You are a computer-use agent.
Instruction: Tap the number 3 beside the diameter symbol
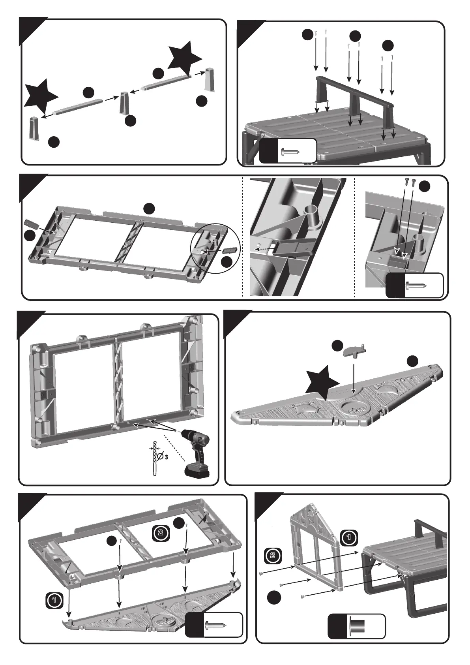click(x=167, y=457)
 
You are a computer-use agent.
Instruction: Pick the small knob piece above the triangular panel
click(x=354, y=350)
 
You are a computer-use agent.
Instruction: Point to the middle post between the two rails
click(x=125, y=103)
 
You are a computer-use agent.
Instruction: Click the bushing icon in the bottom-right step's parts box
click(x=357, y=626)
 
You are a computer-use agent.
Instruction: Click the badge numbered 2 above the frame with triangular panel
click(x=161, y=532)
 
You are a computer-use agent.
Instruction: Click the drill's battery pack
click(x=197, y=471)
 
